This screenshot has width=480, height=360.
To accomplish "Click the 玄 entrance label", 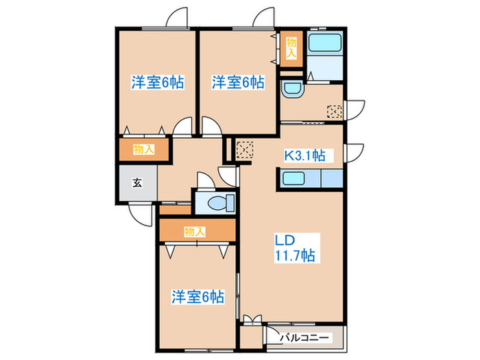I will pyautogui.click(x=136, y=183).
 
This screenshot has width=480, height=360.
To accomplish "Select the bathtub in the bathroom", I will pyautogui.click(x=325, y=43).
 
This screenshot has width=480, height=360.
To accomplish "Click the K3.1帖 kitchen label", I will pyautogui.click(x=304, y=156).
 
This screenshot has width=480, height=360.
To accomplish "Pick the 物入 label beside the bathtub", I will pyautogui.click(x=291, y=47).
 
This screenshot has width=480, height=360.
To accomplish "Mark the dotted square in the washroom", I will pyautogui.click(x=334, y=112).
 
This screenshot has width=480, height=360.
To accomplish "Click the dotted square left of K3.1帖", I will pyautogui.click(x=244, y=149).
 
